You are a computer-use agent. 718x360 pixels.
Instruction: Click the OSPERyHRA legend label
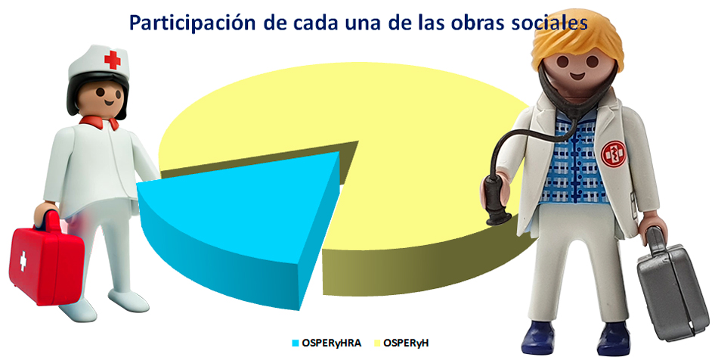(x=332, y=343)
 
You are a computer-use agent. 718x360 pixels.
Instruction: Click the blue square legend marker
(x=296, y=343)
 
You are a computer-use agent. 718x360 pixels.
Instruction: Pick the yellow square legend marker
(x=377, y=343)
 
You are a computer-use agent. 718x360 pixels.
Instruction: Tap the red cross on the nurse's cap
(x=112, y=60)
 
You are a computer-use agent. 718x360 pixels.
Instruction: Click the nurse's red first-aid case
(x=46, y=261)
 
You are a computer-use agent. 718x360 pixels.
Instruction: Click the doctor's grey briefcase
(x=670, y=289)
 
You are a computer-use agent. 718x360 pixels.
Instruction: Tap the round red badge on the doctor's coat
(x=613, y=154)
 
